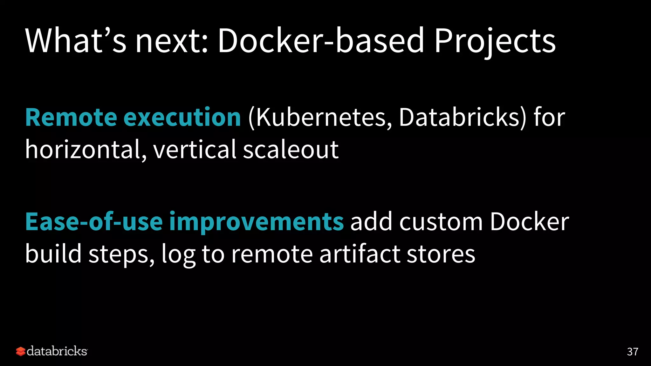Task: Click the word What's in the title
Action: coord(76,40)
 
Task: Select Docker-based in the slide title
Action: coord(321,40)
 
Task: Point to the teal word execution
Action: coord(182,117)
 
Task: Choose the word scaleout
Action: coord(291,149)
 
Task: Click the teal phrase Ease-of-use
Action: coord(94,221)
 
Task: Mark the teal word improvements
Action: coord(256,222)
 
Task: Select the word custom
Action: coord(441,221)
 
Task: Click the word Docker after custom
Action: coord(529,221)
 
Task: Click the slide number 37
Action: coord(632,352)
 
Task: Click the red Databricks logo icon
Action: coord(20,351)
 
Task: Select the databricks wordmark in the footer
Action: coord(57,351)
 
